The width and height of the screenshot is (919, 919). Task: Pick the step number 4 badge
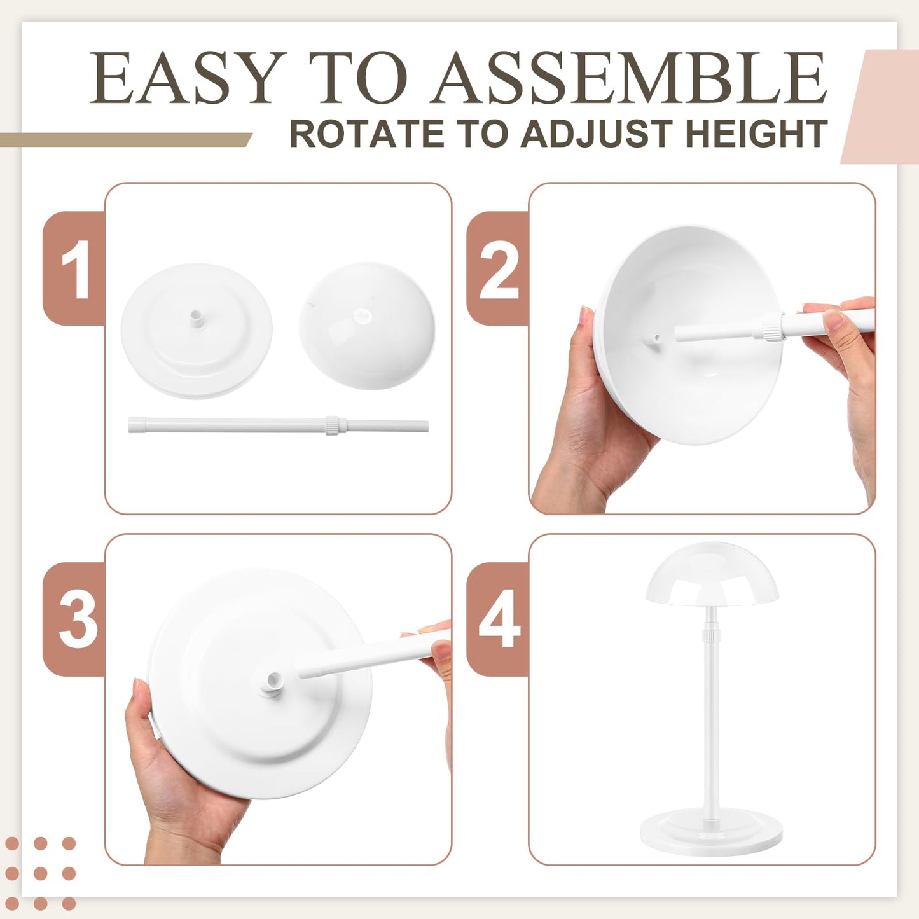pyautogui.click(x=499, y=619)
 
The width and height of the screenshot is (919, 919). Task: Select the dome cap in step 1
pyautogui.click(x=367, y=324)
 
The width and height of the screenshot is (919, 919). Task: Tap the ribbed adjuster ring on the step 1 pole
pyautogui.click(x=332, y=425)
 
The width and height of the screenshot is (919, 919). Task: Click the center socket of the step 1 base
pyautogui.click(x=197, y=317)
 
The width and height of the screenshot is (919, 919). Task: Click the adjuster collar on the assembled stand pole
pyautogui.click(x=711, y=633)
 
